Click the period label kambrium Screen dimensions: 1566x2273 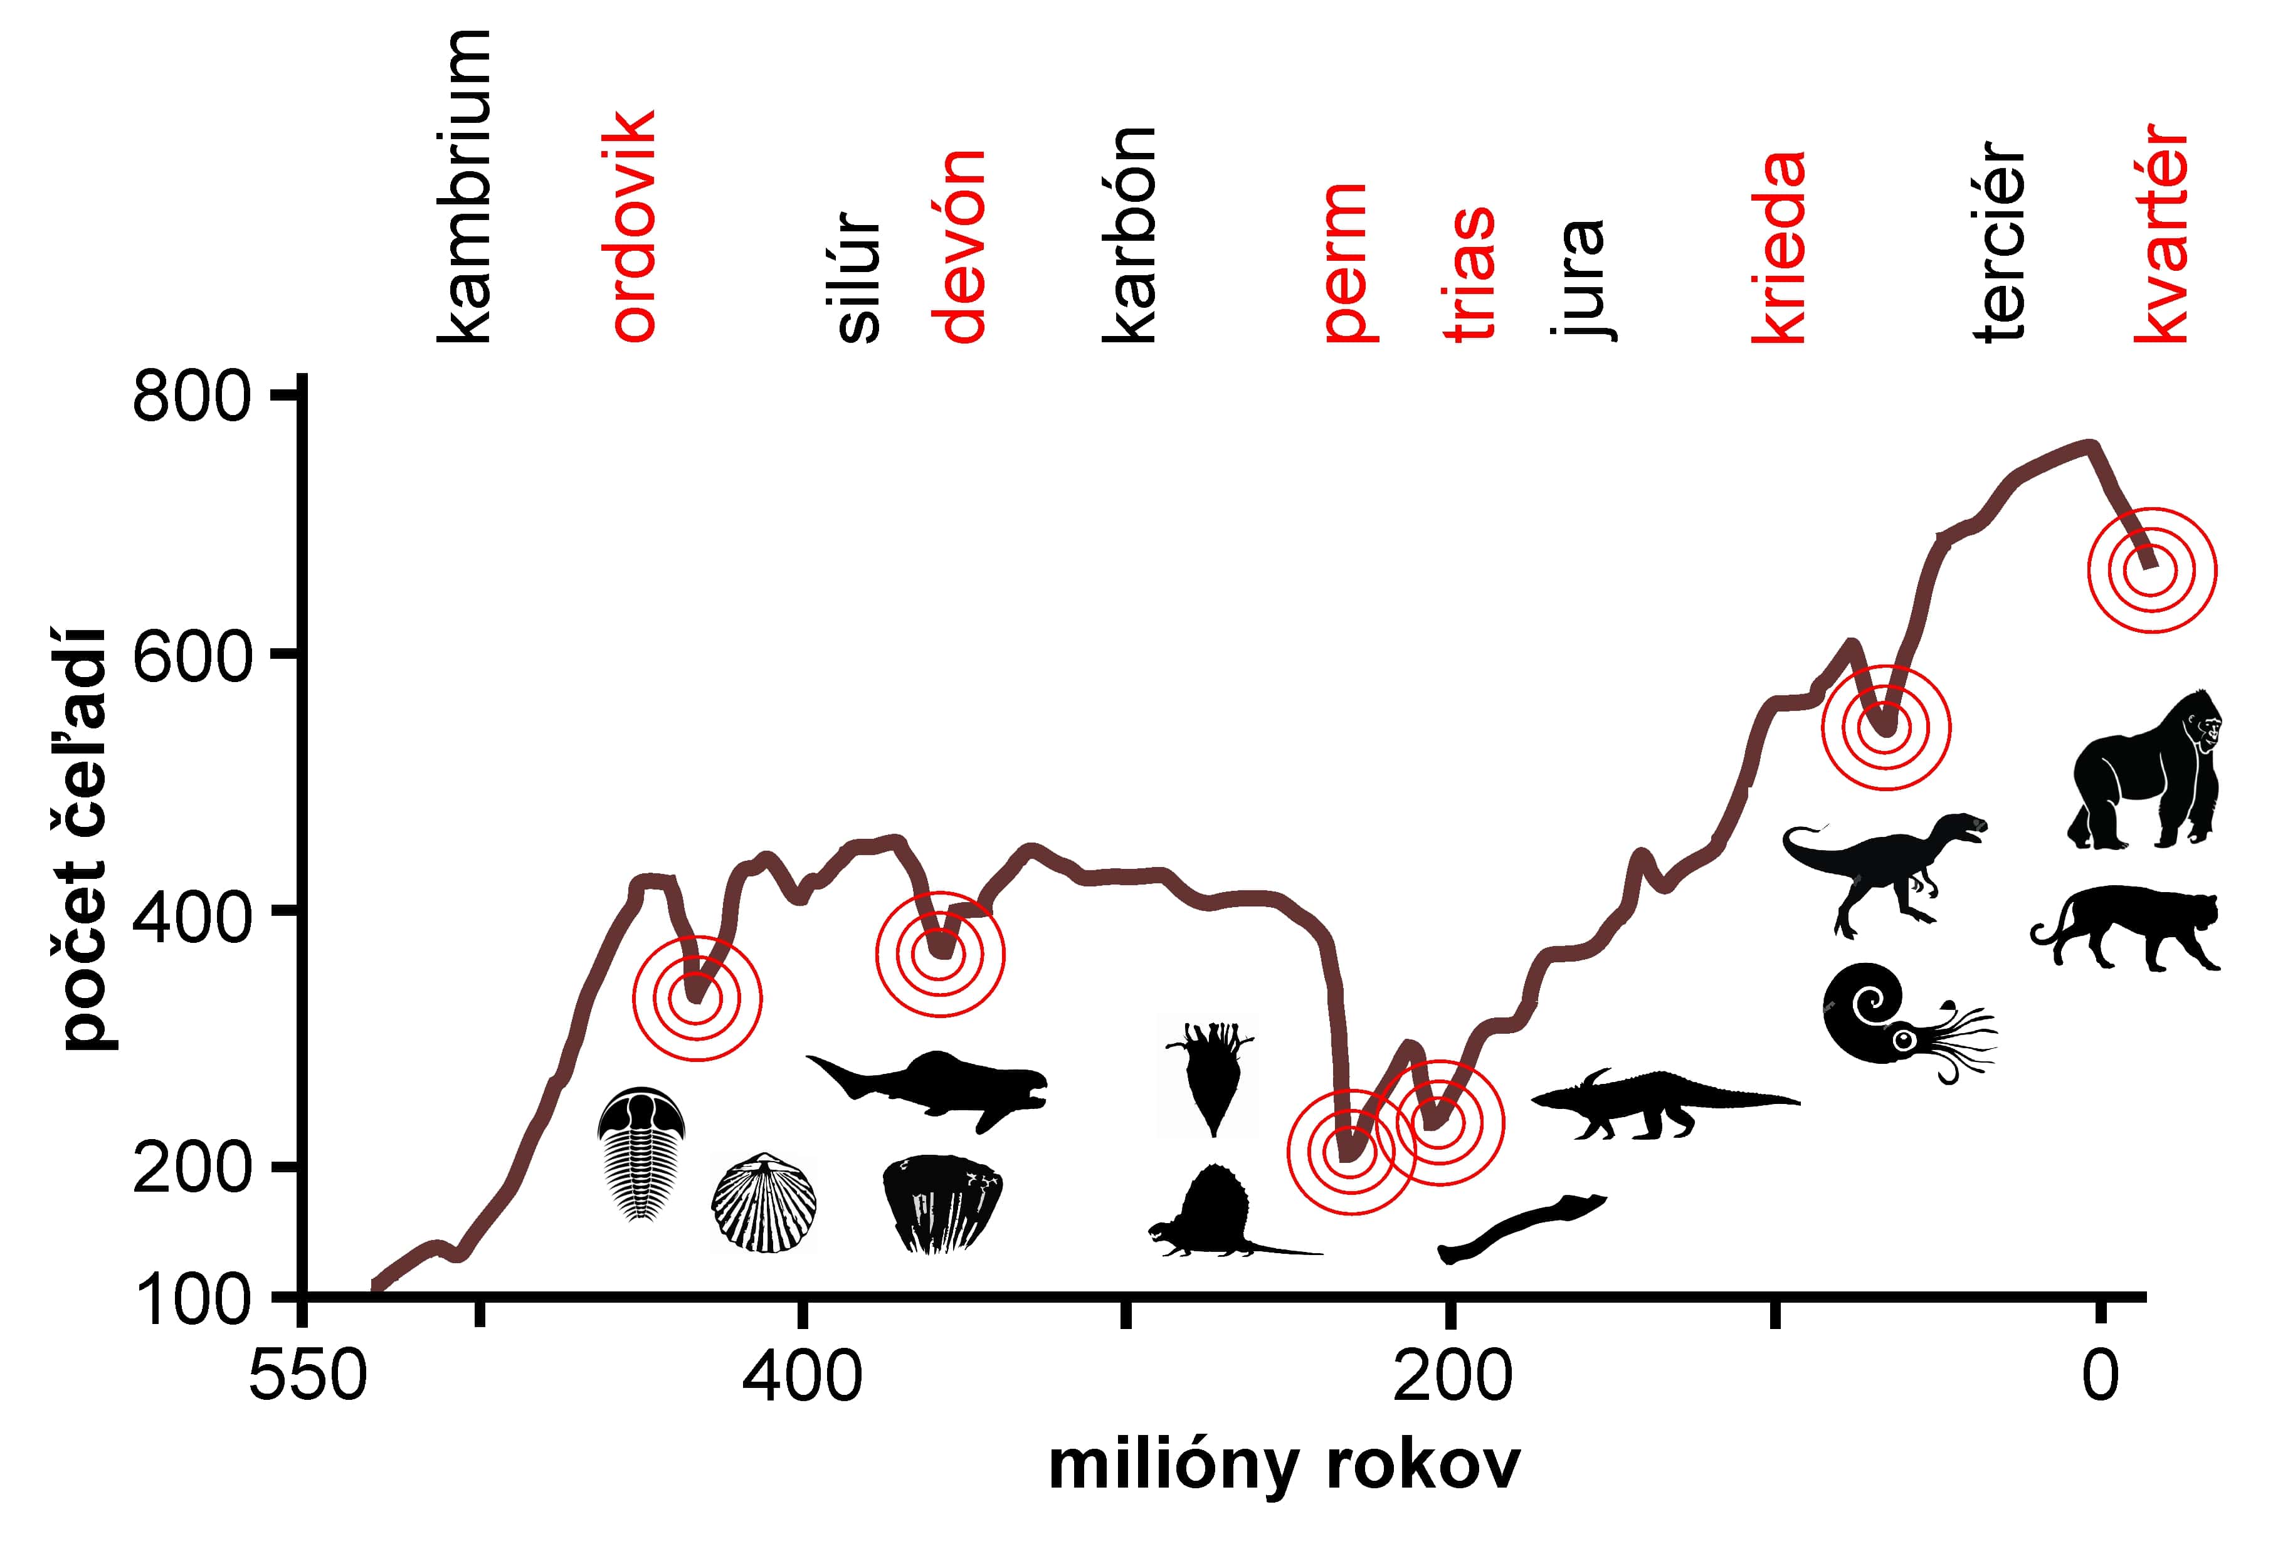[x=464, y=186]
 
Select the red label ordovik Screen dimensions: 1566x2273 [x=633, y=226]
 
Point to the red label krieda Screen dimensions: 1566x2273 [x=1778, y=246]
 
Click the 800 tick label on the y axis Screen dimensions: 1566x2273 [x=191, y=397]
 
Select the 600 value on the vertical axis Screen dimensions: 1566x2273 [x=191, y=656]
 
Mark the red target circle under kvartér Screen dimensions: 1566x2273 [x=2150, y=570]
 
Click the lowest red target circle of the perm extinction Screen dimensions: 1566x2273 [x=1351, y=1151]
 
